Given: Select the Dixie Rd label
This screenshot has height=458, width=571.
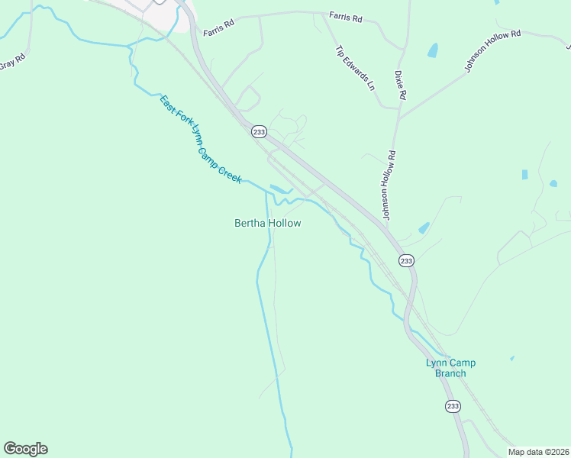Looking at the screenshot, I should tap(400, 85).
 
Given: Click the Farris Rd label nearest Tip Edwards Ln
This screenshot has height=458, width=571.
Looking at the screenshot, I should tap(344, 15).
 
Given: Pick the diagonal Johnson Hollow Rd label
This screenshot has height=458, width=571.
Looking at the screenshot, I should tap(492, 52).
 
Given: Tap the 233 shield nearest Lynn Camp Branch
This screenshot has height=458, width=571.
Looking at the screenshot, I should tap(453, 405).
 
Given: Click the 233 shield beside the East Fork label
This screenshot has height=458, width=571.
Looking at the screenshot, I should tap(259, 131).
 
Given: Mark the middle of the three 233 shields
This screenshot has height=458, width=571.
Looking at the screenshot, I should tap(406, 260).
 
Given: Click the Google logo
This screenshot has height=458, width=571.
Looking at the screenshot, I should tap(25, 449).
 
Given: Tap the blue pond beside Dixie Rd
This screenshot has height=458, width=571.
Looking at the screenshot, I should tap(434, 50).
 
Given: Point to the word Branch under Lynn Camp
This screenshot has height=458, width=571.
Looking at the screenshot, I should tap(450, 373).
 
